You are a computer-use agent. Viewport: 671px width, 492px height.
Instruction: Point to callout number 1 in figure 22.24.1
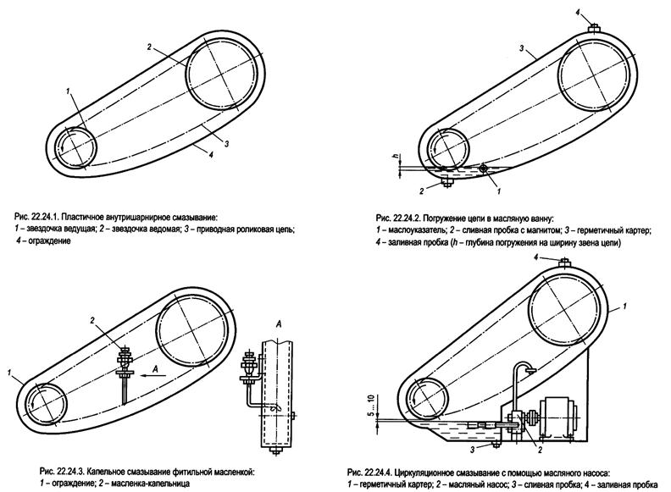66,90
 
